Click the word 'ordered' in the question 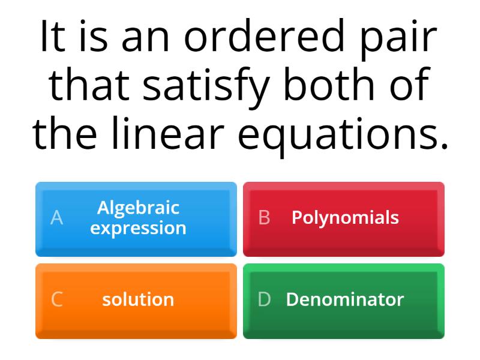(x=266, y=37)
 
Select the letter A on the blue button (x=56, y=218)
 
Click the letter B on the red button (x=264, y=218)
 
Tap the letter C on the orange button (x=56, y=299)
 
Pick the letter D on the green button (x=264, y=299)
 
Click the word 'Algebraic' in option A (x=138, y=208)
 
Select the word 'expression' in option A (x=138, y=228)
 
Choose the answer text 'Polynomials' (x=345, y=217)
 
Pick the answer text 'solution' (x=138, y=299)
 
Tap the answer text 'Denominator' (x=345, y=299)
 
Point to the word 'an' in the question (x=146, y=37)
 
